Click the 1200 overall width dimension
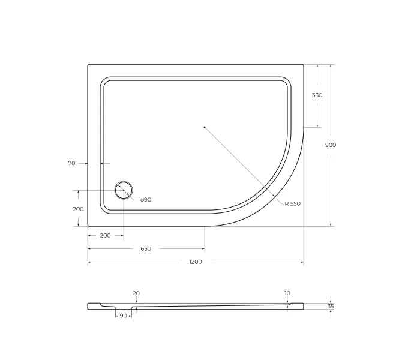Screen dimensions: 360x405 (196, 262)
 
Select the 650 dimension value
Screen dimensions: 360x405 (146, 248)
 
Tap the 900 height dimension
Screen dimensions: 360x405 (331, 145)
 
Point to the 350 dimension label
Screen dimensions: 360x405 (317, 95)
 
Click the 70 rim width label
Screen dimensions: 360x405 (71, 163)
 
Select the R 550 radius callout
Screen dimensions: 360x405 (292, 204)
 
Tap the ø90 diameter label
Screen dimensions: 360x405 (146, 199)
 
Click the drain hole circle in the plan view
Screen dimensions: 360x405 (124, 190)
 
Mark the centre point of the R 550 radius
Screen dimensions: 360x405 (205, 127)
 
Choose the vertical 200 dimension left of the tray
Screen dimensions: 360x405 (78, 209)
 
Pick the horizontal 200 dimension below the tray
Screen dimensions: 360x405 (105, 235)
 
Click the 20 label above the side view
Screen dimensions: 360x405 (136, 293)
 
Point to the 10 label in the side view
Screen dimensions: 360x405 (287, 293)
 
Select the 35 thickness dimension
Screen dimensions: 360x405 (331, 306)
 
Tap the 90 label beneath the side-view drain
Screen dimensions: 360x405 (123, 316)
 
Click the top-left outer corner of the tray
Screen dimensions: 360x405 (88, 65)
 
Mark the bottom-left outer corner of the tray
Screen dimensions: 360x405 (88, 226)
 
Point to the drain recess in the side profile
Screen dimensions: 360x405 (123, 308)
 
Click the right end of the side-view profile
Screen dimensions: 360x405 (302, 306)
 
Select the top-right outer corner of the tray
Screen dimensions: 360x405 (303, 65)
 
